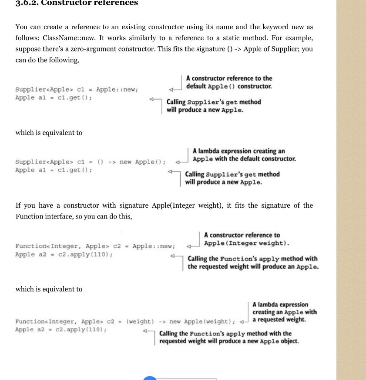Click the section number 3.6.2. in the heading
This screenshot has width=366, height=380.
(27, 3)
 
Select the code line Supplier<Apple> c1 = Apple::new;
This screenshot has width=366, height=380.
(77, 89)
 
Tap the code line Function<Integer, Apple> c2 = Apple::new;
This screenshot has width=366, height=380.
(95, 246)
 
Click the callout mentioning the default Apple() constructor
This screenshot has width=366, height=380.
(229, 82)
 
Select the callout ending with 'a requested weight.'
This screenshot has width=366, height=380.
(284, 312)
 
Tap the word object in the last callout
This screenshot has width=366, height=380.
(288, 341)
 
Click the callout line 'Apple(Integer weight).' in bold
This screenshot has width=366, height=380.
(246, 243)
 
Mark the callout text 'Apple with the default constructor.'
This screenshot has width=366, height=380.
(244, 159)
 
